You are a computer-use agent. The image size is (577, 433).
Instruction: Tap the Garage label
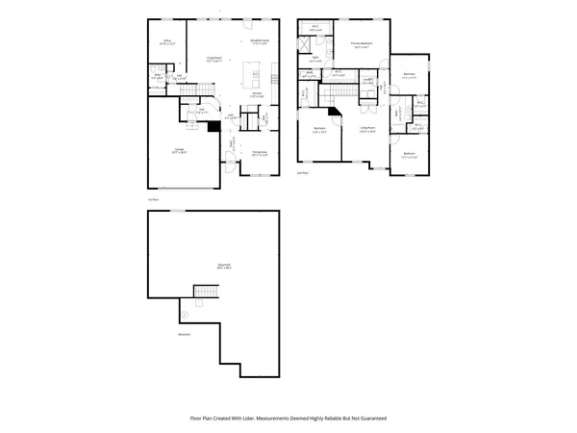tap(179, 150)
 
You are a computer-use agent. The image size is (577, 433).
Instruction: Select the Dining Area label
tap(259, 153)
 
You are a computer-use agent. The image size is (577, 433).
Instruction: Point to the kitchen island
tap(255, 73)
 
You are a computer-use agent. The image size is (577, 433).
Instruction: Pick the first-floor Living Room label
tap(213, 60)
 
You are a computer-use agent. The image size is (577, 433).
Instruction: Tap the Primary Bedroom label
tap(361, 44)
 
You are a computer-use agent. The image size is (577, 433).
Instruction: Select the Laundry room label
tap(367, 82)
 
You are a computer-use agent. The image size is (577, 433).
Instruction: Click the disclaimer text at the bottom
tap(288, 419)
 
